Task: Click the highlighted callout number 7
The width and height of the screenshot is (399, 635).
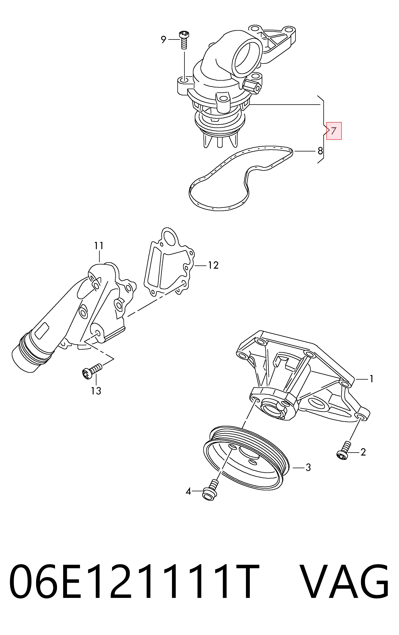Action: (x=334, y=131)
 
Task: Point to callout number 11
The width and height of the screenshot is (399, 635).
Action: (x=99, y=246)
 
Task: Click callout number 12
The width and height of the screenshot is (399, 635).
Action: (x=213, y=265)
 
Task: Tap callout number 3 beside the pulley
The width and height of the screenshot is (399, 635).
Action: (x=308, y=468)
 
